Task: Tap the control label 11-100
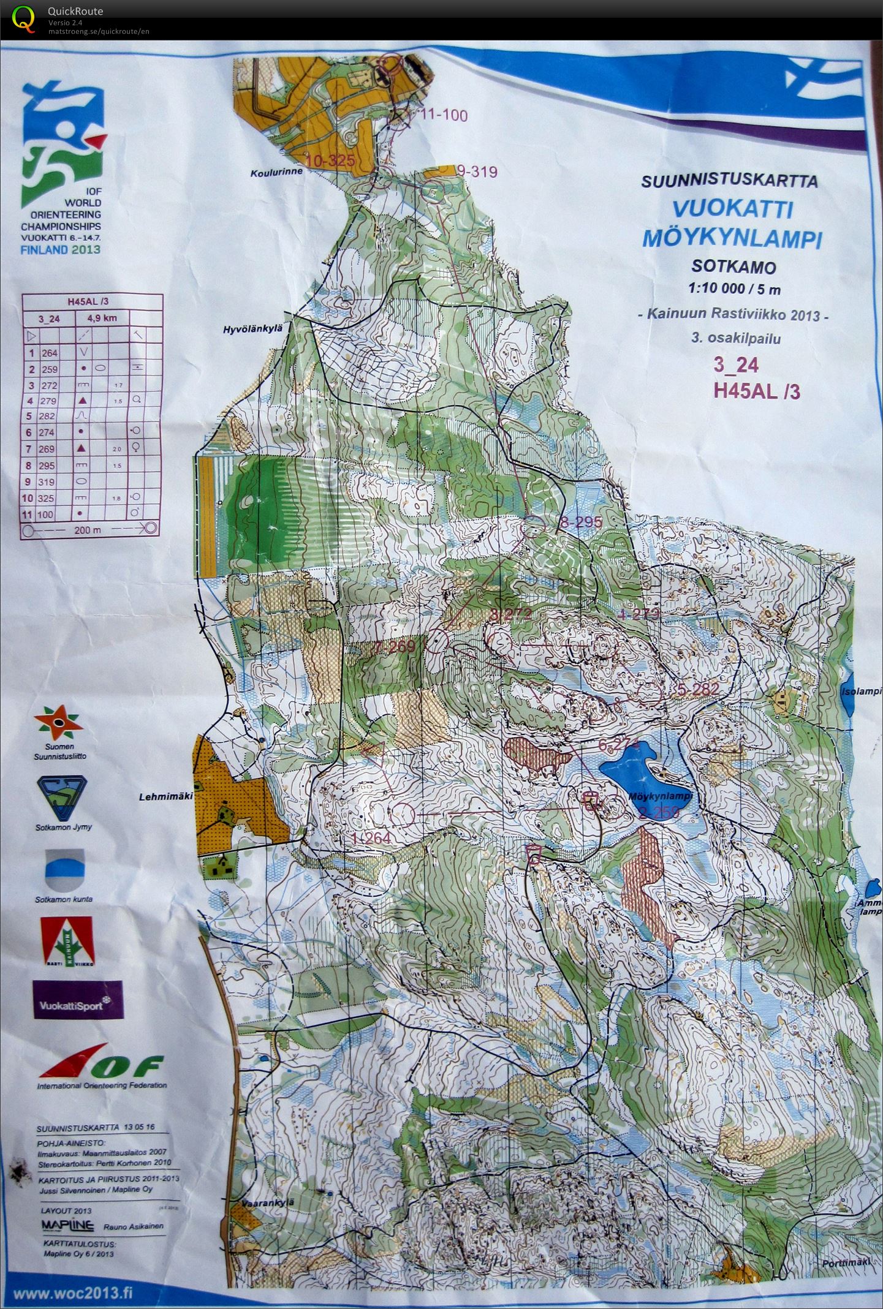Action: pyautogui.click(x=442, y=115)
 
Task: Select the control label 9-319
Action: pyautogui.click(x=477, y=172)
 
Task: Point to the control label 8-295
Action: pyautogui.click(x=582, y=522)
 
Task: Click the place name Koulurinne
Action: pyautogui.click(x=276, y=173)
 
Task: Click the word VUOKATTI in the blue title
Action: pyautogui.click(x=733, y=209)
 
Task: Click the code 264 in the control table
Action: pyautogui.click(x=49, y=353)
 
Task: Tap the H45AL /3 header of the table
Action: pyautogui.click(x=92, y=301)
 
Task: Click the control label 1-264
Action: pyautogui.click(x=371, y=837)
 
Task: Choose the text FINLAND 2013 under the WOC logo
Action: pyautogui.click(x=60, y=250)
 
